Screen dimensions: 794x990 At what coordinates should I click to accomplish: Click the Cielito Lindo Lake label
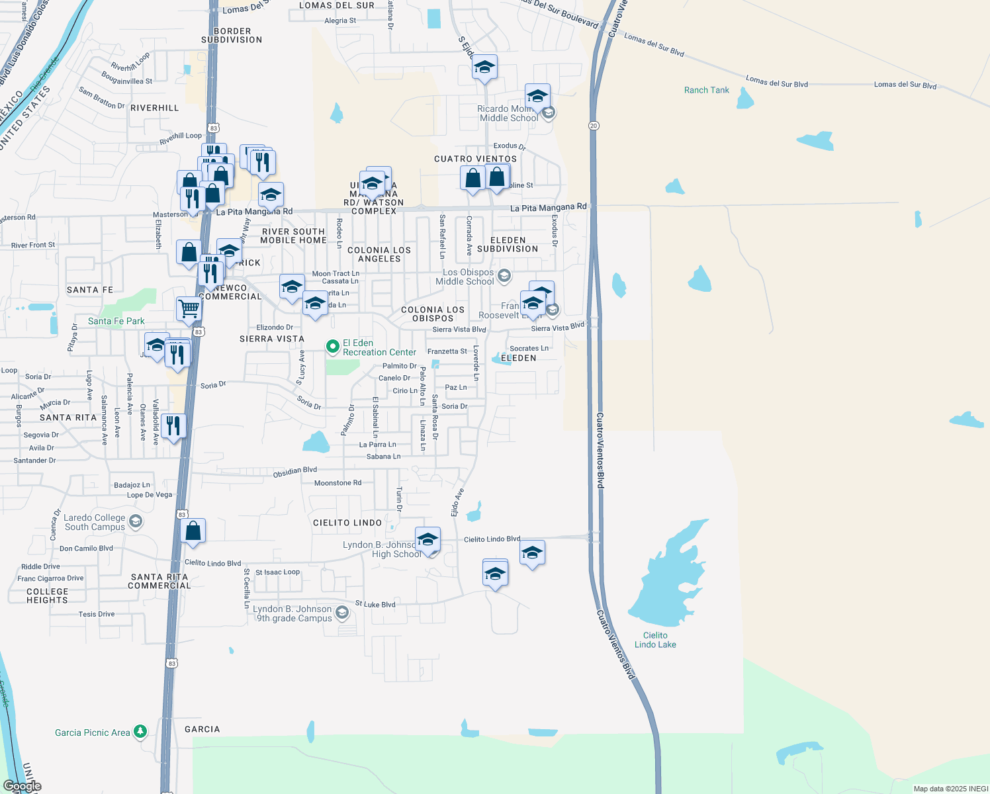click(655, 640)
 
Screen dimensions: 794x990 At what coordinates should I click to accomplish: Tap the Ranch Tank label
click(706, 90)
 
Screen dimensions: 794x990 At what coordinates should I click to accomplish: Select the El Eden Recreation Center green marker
click(333, 347)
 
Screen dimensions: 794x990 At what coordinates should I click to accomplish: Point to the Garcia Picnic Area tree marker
click(140, 732)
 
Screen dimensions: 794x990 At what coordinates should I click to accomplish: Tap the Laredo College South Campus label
click(95, 522)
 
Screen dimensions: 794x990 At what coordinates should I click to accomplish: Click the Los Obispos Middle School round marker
click(504, 276)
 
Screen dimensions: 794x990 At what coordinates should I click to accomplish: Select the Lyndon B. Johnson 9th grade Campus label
click(293, 613)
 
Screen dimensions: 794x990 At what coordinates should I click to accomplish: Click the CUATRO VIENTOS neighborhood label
click(475, 159)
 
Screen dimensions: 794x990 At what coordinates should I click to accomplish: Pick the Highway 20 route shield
click(594, 126)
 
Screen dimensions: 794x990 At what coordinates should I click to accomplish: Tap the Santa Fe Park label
click(116, 321)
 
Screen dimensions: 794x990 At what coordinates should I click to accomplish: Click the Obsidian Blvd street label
click(295, 472)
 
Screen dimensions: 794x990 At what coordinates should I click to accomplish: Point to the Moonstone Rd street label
click(337, 483)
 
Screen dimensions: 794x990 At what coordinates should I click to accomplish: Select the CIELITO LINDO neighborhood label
click(347, 523)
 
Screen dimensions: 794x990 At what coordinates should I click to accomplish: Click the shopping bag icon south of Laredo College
click(193, 531)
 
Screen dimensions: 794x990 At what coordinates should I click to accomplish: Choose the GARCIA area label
click(202, 729)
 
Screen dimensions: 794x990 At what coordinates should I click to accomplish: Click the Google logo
click(22, 786)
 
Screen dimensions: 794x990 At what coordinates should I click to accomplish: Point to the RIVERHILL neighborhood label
click(154, 108)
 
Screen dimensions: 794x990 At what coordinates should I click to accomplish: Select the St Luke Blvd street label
click(375, 604)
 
